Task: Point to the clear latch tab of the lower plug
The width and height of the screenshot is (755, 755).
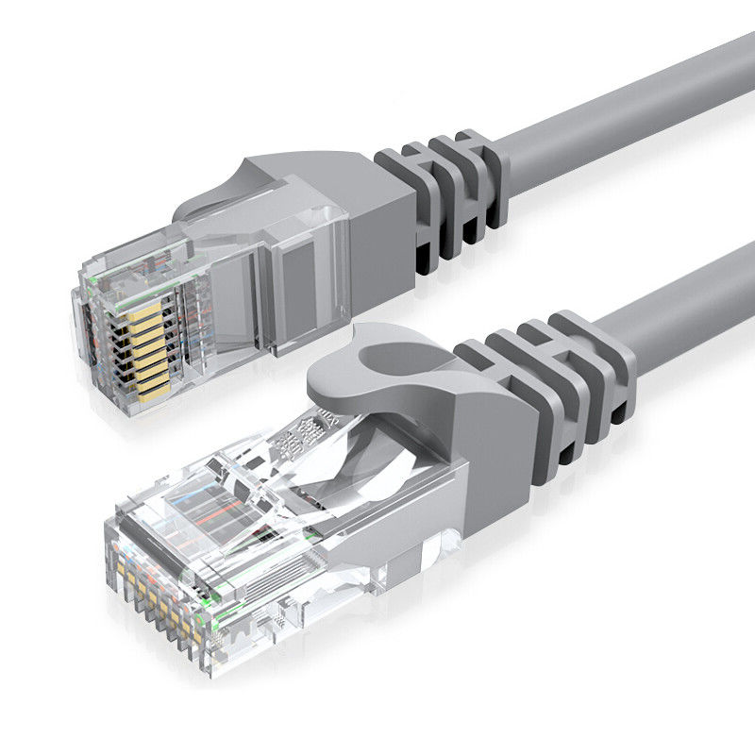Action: click(x=274, y=472)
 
